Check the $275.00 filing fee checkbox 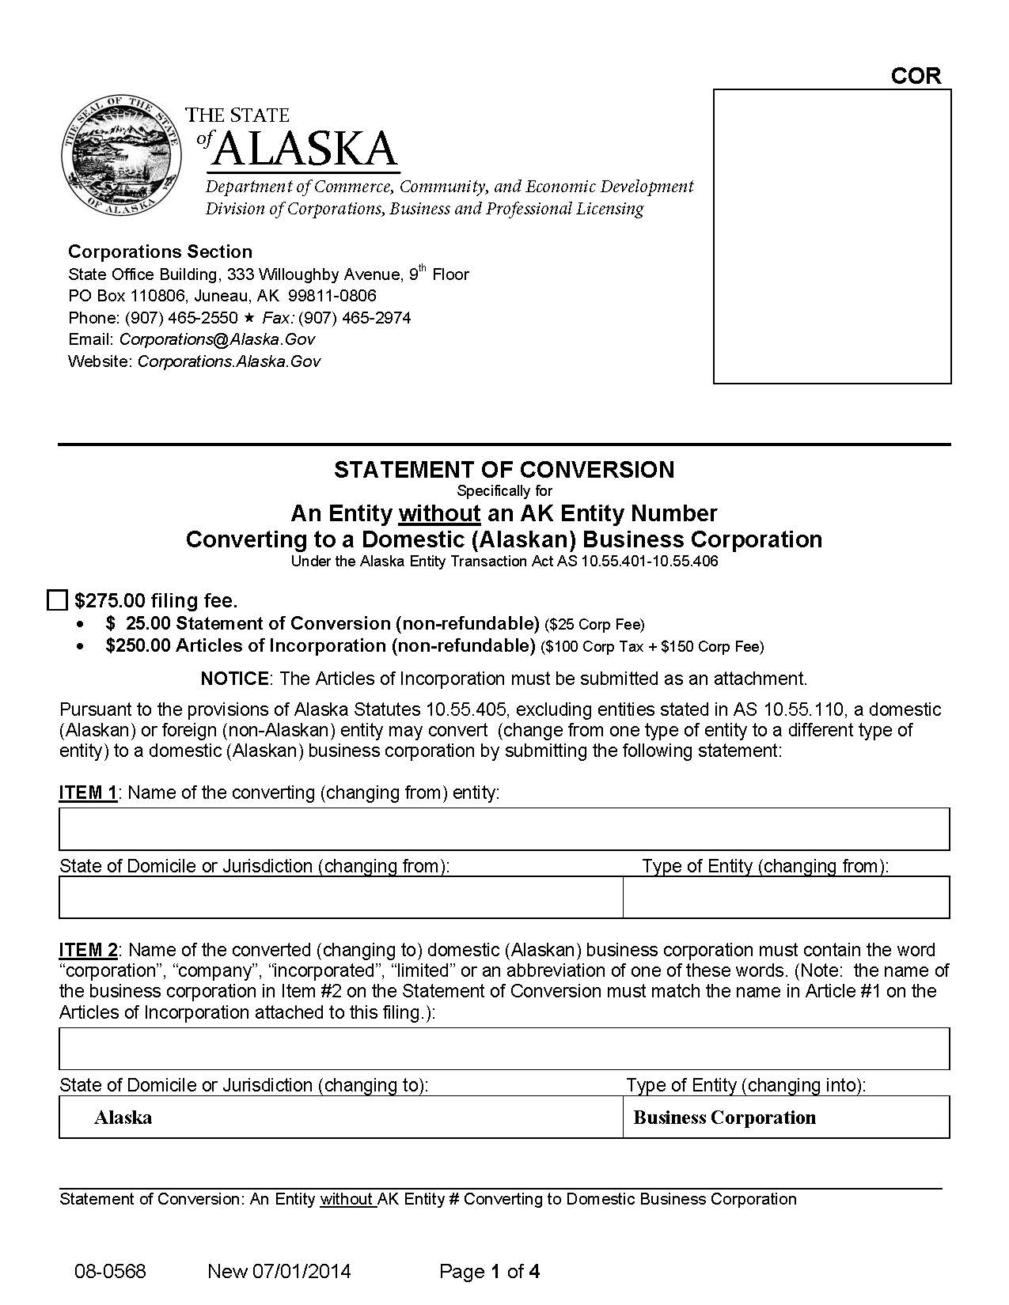point(57,600)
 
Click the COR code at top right point(916,76)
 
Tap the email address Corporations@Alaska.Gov point(217,339)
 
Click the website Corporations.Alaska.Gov point(229,361)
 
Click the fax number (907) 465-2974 point(354,318)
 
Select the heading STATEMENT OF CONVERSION point(504,470)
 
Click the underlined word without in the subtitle point(439,514)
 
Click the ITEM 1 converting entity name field point(504,829)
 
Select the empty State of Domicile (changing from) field point(340,897)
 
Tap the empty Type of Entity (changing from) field point(786,897)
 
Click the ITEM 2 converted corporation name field point(504,1049)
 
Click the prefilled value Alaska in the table point(123,1118)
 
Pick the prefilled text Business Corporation point(724,1118)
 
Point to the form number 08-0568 point(110,1272)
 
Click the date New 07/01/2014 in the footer point(279,1272)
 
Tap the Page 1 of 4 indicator point(489,1272)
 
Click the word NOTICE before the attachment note point(235,679)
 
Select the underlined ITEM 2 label point(89,950)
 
